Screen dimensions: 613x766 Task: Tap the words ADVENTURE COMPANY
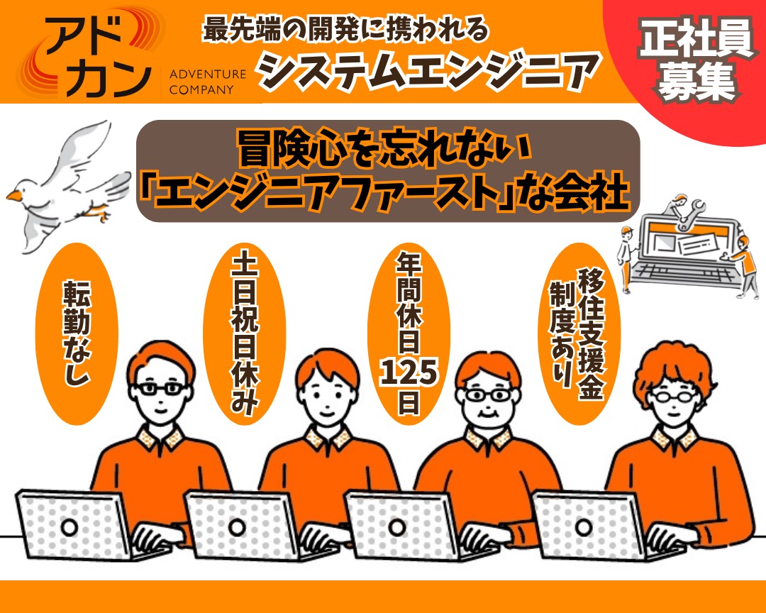click(208, 81)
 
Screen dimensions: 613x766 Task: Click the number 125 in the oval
click(409, 371)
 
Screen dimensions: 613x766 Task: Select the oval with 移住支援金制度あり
click(577, 328)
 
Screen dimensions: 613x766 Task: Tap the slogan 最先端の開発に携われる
click(345, 30)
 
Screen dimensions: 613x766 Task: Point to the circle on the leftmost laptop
click(70, 526)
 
